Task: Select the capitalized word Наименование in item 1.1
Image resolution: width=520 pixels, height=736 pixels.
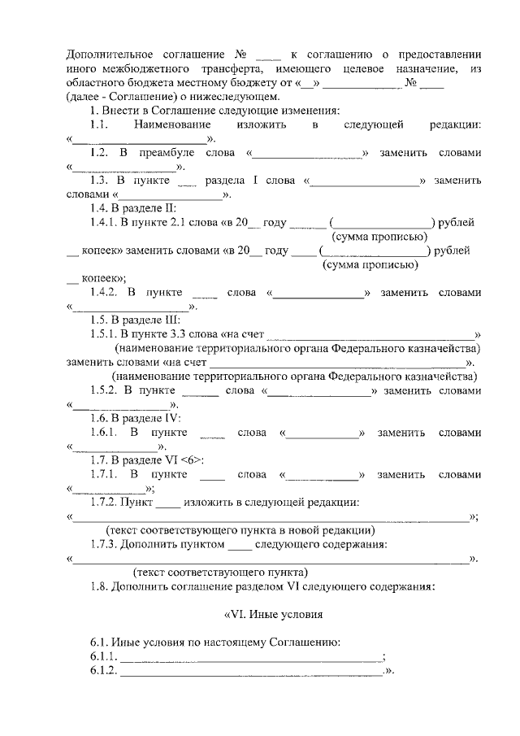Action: (173, 124)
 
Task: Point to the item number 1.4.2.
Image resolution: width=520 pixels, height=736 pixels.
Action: (105, 291)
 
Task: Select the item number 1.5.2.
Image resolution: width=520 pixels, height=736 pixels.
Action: (105, 390)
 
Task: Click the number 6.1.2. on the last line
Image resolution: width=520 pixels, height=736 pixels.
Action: (104, 671)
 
